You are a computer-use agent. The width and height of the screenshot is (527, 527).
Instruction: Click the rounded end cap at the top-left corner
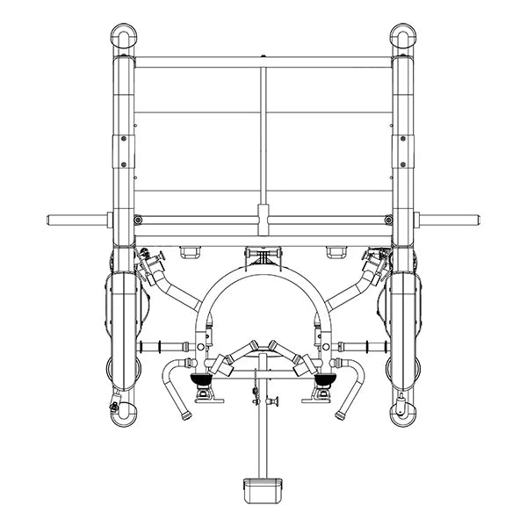pyautogui.click(x=122, y=37)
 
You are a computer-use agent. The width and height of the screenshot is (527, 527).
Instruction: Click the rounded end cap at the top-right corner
pyautogui.click(x=404, y=37)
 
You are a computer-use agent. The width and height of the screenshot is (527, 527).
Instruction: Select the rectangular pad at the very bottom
pyautogui.click(x=263, y=486)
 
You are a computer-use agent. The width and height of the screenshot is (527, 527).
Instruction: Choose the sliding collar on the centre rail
pyautogui.click(x=263, y=215)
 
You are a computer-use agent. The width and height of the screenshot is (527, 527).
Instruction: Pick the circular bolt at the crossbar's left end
pyautogui.click(x=139, y=219)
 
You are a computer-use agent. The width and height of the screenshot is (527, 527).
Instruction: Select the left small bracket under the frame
pyautogui.click(x=190, y=252)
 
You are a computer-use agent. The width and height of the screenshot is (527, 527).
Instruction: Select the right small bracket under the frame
pyautogui.click(x=336, y=252)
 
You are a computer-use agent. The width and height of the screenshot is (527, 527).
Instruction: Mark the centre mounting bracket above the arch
pyautogui.click(x=263, y=256)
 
